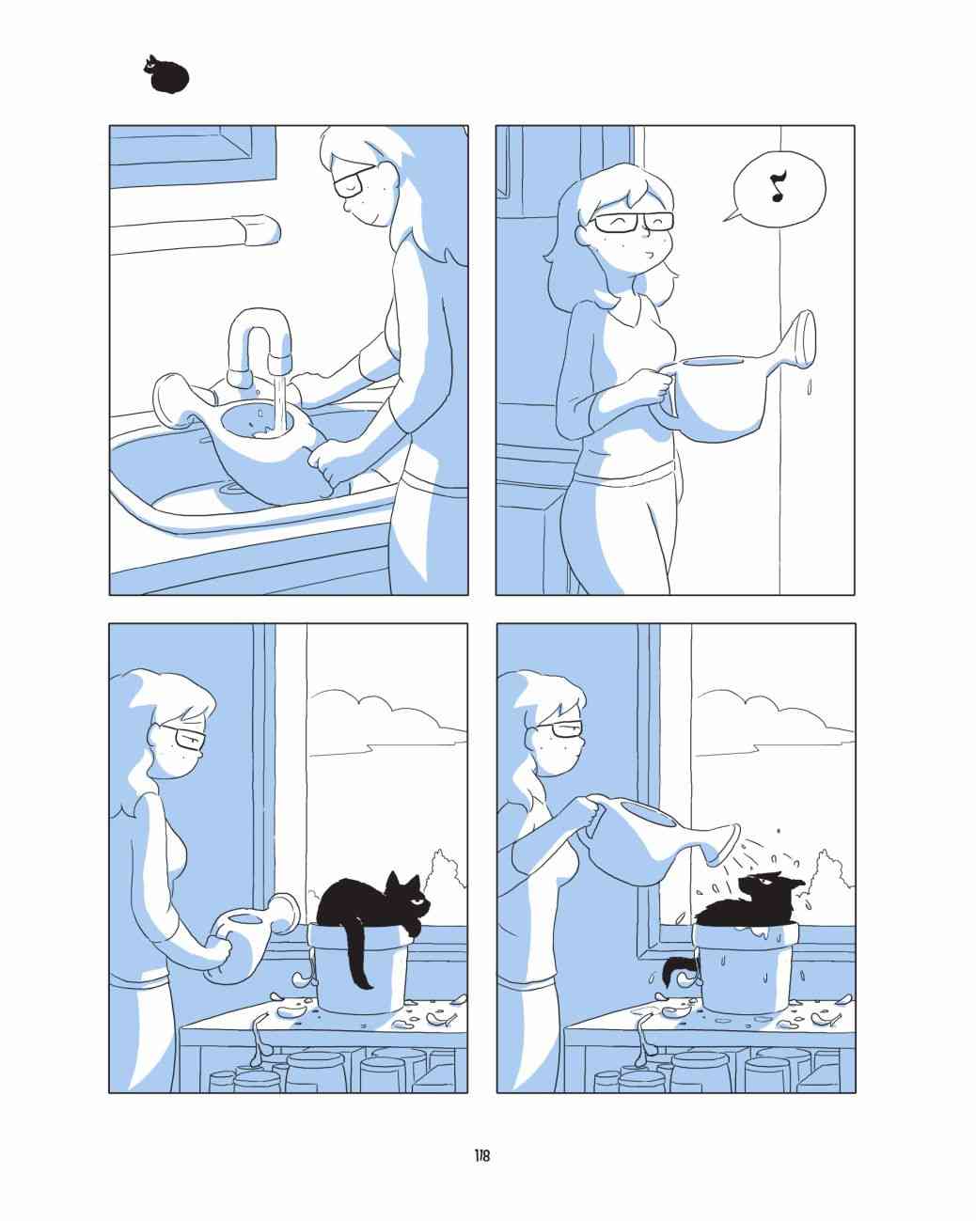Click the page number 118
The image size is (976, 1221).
(x=482, y=1156)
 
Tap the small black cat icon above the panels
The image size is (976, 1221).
(x=165, y=74)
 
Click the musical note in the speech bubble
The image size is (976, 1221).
(x=778, y=186)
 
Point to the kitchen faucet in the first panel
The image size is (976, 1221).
(x=260, y=347)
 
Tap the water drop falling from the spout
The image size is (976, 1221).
(x=809, y=386)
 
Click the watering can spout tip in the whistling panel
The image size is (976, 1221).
(x=807, y=339)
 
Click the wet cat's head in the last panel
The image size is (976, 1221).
(x=767, y=891)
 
